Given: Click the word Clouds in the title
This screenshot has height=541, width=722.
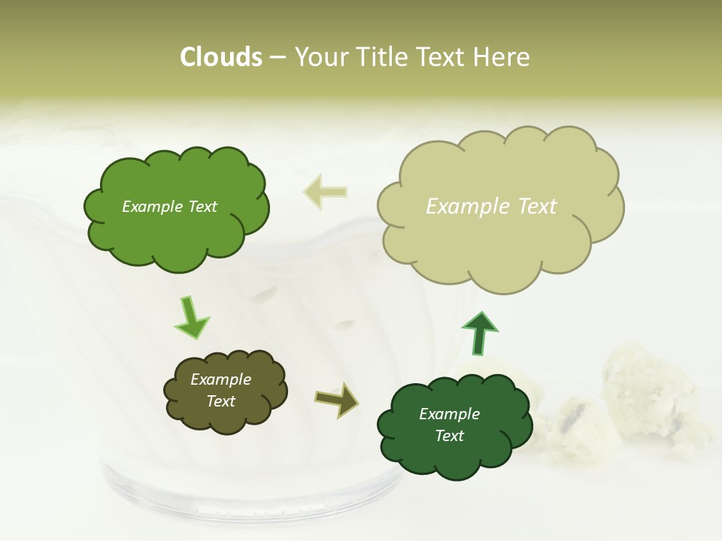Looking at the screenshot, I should click(x=221, y=57).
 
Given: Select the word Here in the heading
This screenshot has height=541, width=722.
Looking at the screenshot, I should click(x=503, y=57).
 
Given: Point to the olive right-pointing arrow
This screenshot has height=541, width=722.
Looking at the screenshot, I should click(x=336, y=399).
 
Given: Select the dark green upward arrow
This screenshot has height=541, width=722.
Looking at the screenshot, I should click(x=479, y=333).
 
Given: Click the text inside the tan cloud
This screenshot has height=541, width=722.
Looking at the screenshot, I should click(x=491, y=207).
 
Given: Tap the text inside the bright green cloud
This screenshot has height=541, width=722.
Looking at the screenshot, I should click(x=169, y=207).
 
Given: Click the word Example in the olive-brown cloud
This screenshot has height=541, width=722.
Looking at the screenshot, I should click(x=220, y=379).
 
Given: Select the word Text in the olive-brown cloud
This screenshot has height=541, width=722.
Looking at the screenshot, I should click(x=220, y=401).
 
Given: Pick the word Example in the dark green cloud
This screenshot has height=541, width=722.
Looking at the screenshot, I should click(x=449, y=414).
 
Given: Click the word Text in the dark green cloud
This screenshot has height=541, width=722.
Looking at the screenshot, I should click(x=449, y=436).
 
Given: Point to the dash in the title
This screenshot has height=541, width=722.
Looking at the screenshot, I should click(x=278, y=57).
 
